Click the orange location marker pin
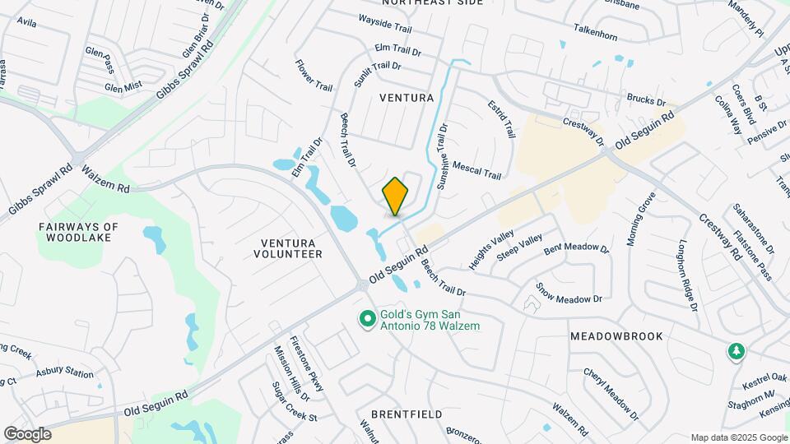click(395, 197)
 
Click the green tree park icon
click(735, 352)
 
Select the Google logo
click(27, 433)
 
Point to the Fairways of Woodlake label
click(79, 233)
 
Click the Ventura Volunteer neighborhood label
click(290, 248)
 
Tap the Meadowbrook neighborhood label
click(616, 337)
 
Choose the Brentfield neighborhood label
click(401, 414)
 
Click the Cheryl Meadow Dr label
click(610, 390)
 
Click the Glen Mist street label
click(123, 85)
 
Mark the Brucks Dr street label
click(646, 100)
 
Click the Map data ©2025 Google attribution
click(737, 437)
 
